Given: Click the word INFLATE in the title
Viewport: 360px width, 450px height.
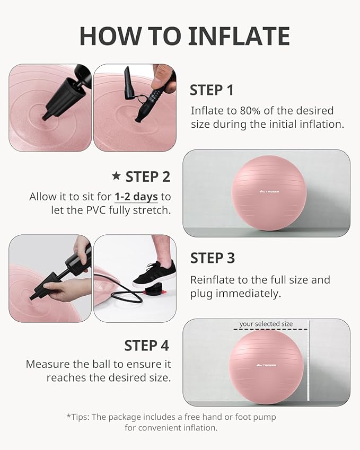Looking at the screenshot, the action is [x=239, y=36].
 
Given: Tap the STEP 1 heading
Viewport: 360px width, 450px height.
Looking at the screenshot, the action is [x=212, y=90].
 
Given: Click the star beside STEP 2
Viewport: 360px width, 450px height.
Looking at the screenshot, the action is [x=116, y=175].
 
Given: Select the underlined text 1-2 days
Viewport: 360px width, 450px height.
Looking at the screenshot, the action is [x=136, y=197].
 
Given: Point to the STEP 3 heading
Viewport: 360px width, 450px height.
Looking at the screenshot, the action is [x=213, y=258].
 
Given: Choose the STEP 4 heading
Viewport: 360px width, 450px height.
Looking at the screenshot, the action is [x=146, y=346].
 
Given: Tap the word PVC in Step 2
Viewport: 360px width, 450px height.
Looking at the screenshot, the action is [x=96, y=210].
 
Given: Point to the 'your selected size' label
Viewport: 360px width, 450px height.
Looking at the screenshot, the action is [x=266, y=324].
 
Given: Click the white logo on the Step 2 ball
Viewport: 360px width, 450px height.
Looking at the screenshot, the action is [x=269, y=191].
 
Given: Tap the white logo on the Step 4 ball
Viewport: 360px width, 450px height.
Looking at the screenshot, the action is [x=266, y=365].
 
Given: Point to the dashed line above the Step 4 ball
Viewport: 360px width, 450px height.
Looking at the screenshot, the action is [x=270, y=329].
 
